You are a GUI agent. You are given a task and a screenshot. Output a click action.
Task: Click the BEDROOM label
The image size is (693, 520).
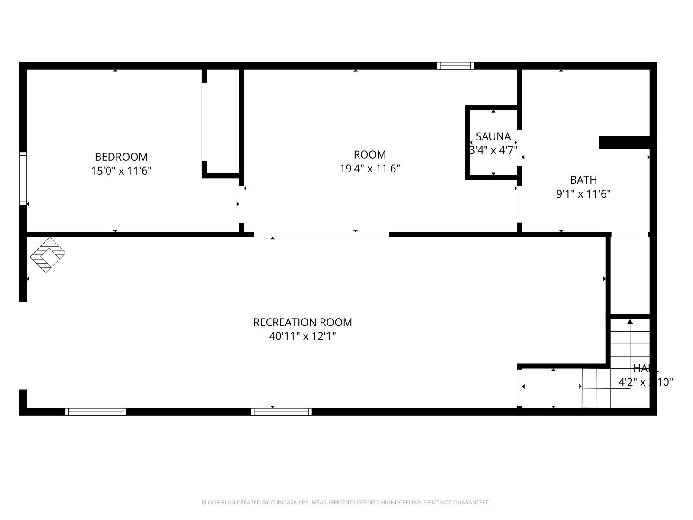(x=121, y=156)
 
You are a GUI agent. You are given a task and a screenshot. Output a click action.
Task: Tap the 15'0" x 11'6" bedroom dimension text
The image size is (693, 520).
(x=121, y=171)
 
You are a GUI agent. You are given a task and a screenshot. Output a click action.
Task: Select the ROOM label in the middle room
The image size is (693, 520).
(x=369, y=155)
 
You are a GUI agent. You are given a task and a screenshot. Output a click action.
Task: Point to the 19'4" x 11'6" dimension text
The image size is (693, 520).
(x=369, y=169)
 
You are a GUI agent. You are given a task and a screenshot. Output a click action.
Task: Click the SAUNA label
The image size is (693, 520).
(x=493, y=136)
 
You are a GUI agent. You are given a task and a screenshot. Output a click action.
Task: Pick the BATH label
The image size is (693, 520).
(x=583, y=180)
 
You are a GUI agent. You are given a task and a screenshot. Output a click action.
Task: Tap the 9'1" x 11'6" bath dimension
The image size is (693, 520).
(x=583, y=194)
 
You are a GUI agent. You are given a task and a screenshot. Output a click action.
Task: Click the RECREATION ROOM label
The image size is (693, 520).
(x=302, y=322)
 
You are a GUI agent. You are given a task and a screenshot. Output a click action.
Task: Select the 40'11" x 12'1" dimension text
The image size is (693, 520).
(x=302, y=336)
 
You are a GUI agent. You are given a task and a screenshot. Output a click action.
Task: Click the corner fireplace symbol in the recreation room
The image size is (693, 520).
(x=47, y=255)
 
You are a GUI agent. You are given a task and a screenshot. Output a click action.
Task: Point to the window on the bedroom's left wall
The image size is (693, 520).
(x=23, y=178)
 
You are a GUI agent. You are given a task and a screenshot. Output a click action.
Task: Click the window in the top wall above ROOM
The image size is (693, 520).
(x=455, y=66)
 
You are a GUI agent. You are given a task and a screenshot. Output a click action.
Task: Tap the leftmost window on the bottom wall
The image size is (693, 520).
(x=96, y=412)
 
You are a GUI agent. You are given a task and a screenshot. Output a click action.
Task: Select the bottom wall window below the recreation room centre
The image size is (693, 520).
(x=281, y=412)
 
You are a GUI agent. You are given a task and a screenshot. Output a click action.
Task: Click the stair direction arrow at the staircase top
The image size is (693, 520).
(x=630, y=322)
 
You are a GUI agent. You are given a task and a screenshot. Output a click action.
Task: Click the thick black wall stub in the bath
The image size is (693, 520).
(x=624, y=142)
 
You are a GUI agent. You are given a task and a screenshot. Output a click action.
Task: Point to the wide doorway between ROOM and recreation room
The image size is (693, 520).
(x=321, y=234)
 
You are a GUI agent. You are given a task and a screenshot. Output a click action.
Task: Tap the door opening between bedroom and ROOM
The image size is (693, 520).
(x=241, y=204)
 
